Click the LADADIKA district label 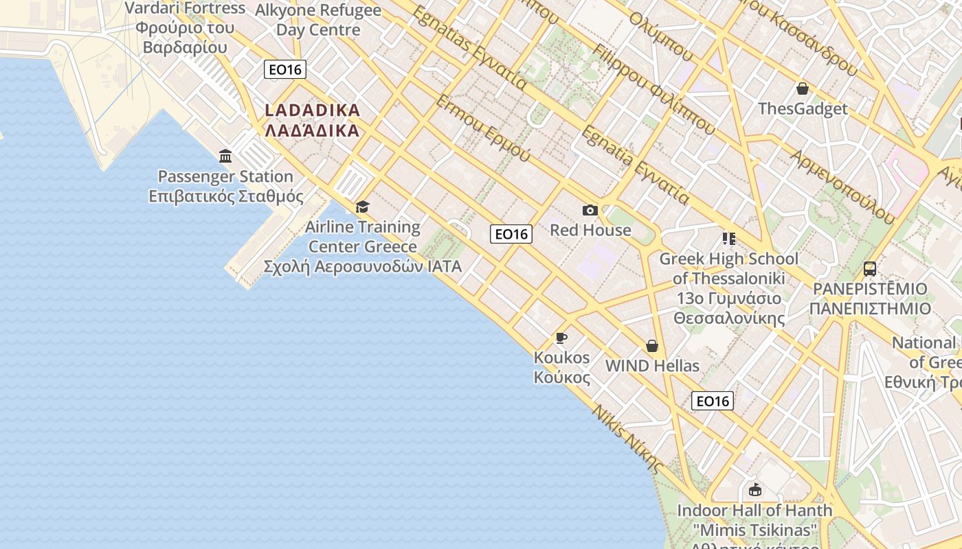coord(312,120)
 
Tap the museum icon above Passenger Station coord(225,156)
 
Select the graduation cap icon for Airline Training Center coord(362,207)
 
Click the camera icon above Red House coord(590,210)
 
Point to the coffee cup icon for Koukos coord(561,338)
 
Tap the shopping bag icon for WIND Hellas coord(651,346)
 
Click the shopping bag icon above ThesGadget coord(802,89)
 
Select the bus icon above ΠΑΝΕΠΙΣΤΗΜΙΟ coord(869,268)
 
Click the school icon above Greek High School coord(728,239)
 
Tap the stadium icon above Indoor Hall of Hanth coord(754,490)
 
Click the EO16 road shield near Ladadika coord(284,69)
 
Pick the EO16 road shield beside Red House coord(511,234)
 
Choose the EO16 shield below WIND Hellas coord(712,401)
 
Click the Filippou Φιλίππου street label coord(653,89)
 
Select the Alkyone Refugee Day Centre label coord(318,20)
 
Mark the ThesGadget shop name coord(803,108)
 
